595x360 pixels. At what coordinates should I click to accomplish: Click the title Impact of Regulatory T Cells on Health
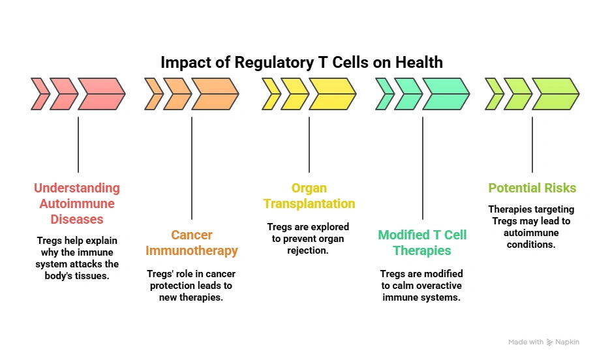tap(301, 63)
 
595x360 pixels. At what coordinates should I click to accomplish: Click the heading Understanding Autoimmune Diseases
tap(77, 203)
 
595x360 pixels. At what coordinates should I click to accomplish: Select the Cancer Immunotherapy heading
tap(192, 243)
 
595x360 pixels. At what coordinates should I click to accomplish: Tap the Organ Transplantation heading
tap(309, 196)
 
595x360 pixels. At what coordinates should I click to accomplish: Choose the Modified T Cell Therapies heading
tap(423, 243)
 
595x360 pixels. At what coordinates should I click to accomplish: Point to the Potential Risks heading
tap(532, 188)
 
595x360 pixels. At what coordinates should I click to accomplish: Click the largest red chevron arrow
tap(102, 93)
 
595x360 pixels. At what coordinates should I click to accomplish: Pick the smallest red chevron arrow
tap(40, 93)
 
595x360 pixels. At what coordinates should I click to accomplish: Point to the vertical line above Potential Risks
tap(532, 144)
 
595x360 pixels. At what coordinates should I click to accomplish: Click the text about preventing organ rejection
tap(309, 238)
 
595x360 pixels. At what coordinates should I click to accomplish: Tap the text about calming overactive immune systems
tap(422, 285)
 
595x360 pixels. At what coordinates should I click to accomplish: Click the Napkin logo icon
tap(551, 342)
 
